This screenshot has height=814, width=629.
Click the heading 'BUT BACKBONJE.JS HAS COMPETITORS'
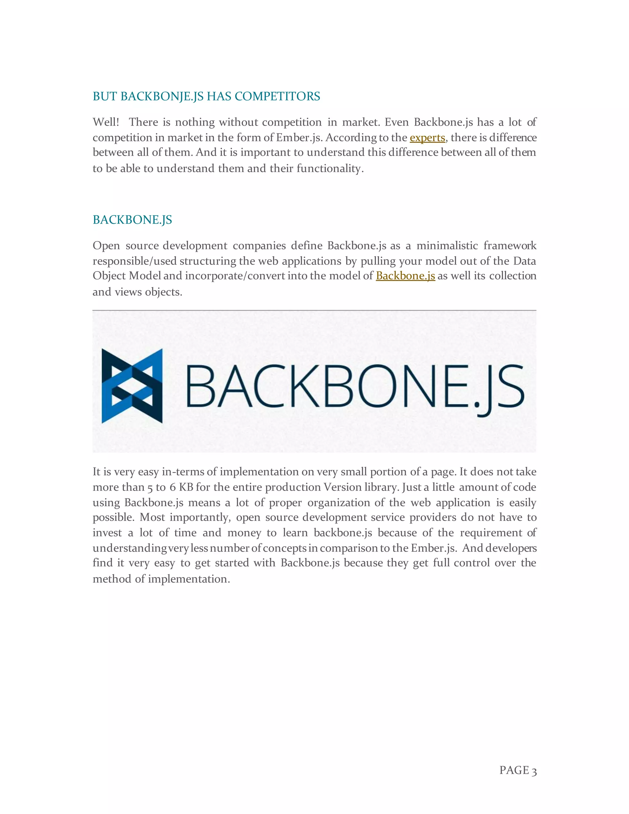pyautogui.click(x=206, y=96)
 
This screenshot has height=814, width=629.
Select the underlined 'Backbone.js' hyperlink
pyautogui.click(x=405, y=276)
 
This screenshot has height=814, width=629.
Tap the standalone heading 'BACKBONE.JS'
pyautogui.click(x=132, y=220)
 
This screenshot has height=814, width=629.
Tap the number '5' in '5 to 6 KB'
pyautogui.click(x=150, y=488)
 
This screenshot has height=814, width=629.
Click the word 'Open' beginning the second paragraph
pyautogui.click(x=106, y=246)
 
